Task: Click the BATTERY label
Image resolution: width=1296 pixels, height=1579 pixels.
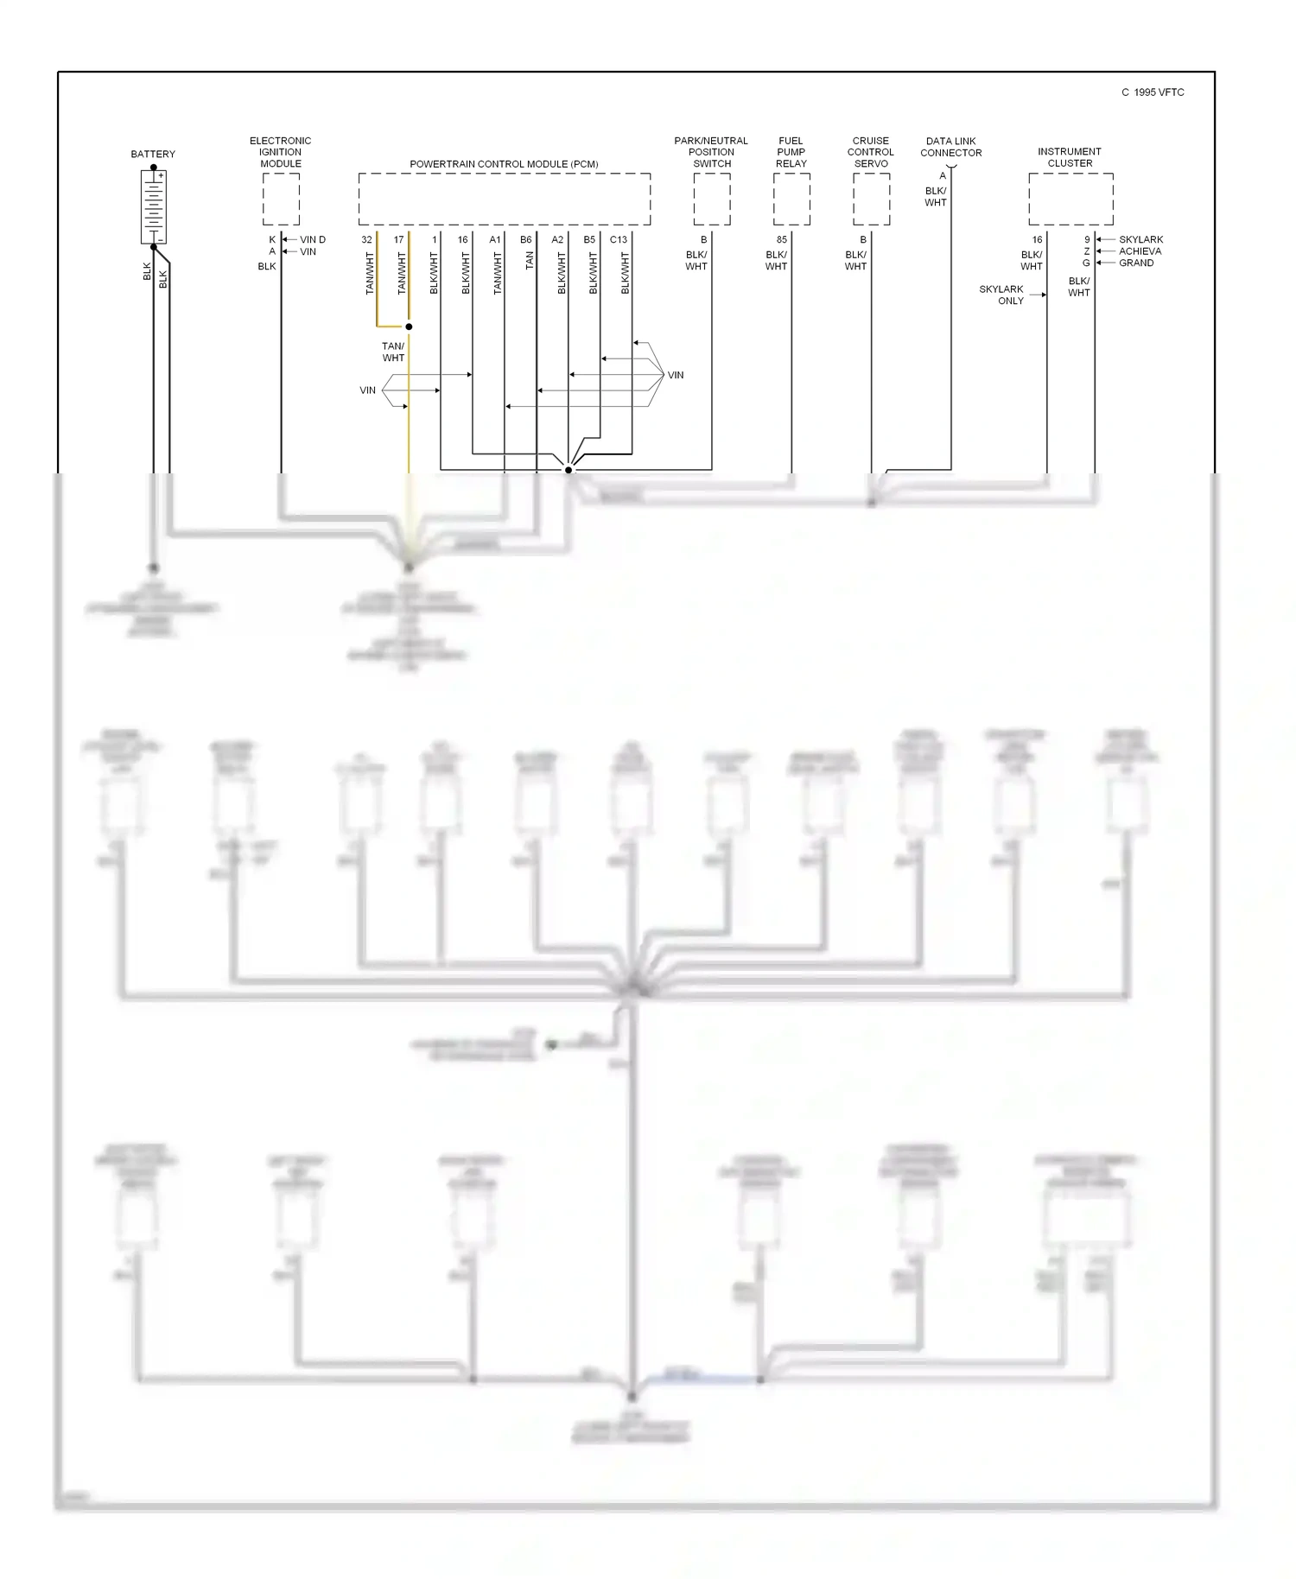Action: click(153, 154)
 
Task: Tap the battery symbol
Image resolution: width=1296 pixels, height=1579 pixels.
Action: click(153, 206)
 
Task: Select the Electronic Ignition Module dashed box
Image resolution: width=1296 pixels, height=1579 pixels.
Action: click(281, 199)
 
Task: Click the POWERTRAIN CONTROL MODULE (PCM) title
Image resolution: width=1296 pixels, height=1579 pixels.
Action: click(504, 164)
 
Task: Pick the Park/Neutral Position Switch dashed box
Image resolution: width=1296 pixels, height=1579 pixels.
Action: click(712, 199)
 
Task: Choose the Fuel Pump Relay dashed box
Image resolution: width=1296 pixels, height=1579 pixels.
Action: click(791, 199)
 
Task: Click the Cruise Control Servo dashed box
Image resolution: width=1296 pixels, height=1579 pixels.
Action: click(871, 199)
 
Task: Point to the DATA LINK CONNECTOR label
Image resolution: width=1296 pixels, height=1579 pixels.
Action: click(950, 147)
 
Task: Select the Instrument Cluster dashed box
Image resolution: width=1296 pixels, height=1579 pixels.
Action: click(1070, 199)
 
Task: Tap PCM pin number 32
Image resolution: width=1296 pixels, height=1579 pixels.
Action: click(367, 239)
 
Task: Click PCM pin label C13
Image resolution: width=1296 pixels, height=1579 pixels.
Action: click(619, 239)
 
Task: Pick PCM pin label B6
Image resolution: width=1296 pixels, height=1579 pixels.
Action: click(525, 239)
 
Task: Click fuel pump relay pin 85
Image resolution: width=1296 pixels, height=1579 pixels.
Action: click(782, 239)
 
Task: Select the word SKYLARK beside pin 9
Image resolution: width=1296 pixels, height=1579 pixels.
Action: click(1140, 239)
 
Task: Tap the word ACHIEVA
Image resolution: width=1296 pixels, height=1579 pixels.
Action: click(1140, 251)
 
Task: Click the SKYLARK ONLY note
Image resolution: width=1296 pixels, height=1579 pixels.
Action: click(1001, 295)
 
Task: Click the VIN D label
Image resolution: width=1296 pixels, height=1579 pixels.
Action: click(313, 239)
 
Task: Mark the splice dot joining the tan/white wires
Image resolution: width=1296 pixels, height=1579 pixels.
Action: click(409, 327)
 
